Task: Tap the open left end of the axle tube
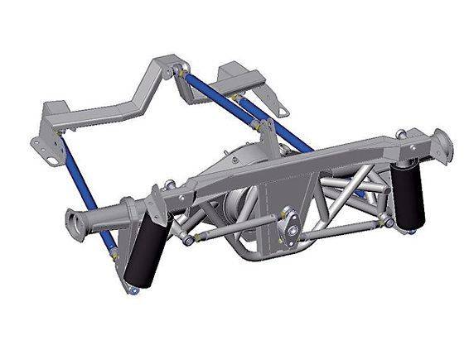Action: (77, 221)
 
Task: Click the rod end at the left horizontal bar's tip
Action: (190, 241)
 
